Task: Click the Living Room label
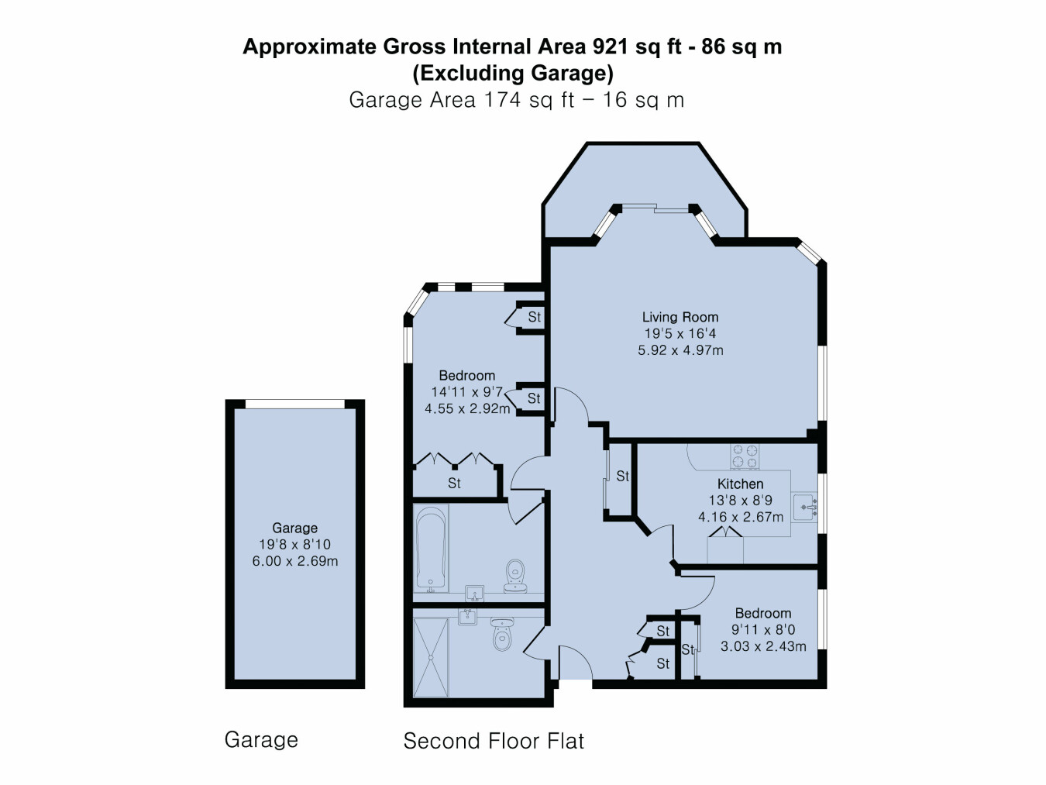tap(680, 317)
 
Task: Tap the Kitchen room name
tap(740, 484)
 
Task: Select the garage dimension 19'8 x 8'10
tap(294, 544)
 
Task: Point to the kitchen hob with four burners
tap(745, 456)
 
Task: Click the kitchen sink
tap(805, 507)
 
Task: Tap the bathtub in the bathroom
tap(431, 549)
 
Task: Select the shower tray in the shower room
tap(431, 658)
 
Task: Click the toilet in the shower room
tap(502, 634)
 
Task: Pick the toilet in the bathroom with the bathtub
tap(514, 576)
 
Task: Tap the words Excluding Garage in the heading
tap(513, 73)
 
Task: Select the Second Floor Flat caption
tap(494, 741)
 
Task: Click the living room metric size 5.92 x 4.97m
tap(680, 350)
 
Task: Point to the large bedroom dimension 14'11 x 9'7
tap(467, 392)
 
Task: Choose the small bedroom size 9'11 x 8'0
tap(763, 629)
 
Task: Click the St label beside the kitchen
tap(623, 476)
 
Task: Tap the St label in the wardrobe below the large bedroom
tap(454, 484)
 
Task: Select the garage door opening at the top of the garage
tap(294, 405)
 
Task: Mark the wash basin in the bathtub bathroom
tap(474, 594)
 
